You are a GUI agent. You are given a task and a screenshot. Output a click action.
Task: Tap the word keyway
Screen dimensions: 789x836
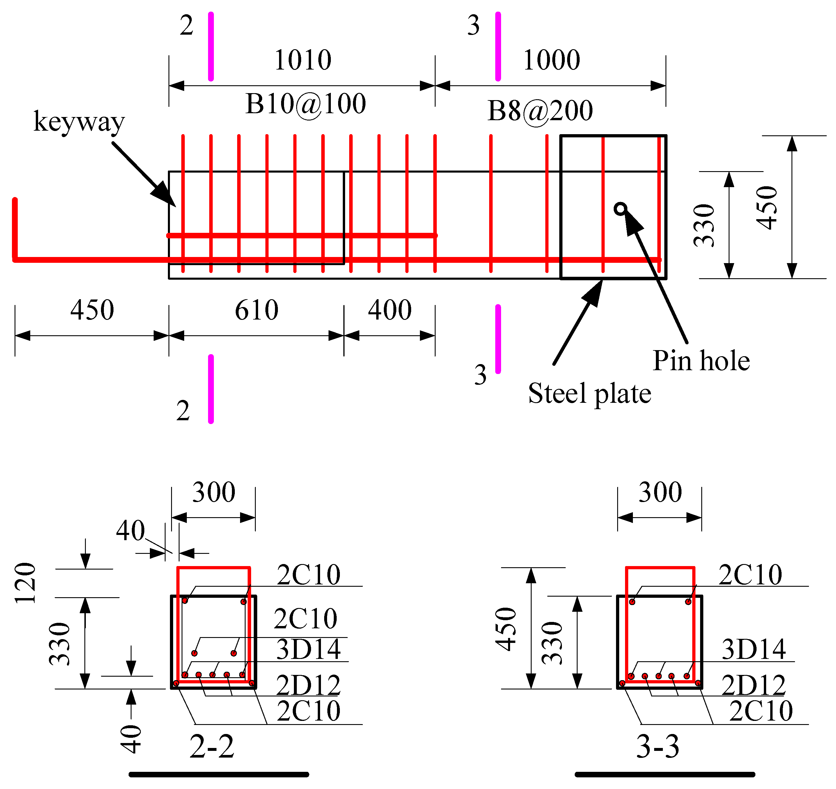79,122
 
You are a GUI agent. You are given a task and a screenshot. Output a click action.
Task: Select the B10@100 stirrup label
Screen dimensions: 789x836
306,104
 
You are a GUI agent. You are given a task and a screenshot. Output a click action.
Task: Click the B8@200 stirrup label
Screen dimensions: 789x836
540,111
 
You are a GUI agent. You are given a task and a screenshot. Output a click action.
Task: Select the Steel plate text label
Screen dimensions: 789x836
590,394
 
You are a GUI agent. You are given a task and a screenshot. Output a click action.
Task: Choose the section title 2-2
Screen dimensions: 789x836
212,747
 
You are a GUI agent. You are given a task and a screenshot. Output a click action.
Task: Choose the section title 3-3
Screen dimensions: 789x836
658,747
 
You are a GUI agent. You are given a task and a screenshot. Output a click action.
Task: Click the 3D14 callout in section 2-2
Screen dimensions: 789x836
308,649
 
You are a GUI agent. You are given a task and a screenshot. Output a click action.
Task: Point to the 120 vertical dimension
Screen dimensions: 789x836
25,583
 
